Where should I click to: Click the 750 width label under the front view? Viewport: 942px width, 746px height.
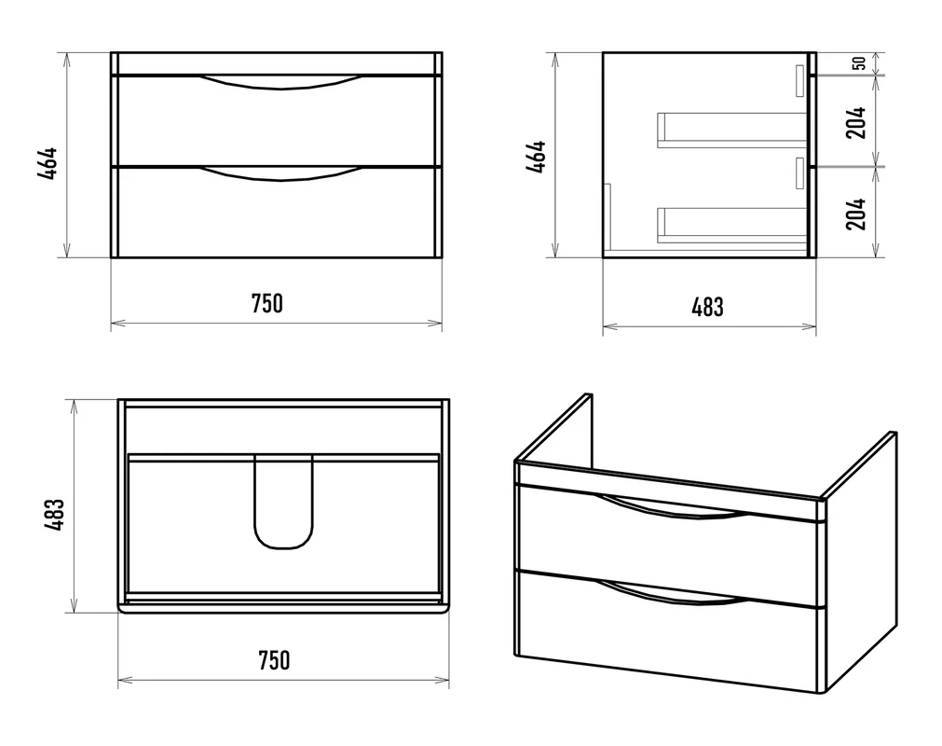266,304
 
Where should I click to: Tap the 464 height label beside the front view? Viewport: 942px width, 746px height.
48,163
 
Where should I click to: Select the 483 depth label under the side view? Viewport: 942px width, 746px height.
708,307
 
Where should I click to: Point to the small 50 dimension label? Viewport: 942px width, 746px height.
860,63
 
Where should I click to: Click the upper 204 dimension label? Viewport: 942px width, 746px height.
856,123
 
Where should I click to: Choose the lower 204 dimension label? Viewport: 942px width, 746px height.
856,214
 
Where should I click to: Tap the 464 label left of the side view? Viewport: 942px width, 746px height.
536,157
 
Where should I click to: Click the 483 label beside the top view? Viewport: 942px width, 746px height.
54,515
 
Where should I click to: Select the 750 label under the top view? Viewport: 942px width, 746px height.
274,660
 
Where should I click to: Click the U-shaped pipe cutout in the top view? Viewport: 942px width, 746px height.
283,546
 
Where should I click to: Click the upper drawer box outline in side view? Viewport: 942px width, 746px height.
731,130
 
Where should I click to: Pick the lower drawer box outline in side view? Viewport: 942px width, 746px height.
731,226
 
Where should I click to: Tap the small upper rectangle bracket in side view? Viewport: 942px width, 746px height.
799,80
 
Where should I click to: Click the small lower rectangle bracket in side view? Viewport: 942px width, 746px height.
799,173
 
